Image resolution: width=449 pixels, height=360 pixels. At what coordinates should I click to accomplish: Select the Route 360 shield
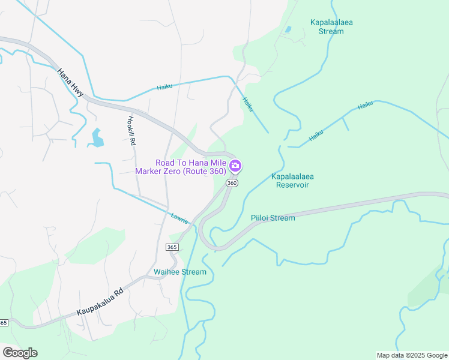[233, 183]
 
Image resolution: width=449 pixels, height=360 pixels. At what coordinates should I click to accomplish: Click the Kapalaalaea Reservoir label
[293, 181]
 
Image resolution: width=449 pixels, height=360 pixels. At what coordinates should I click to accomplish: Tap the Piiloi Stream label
[273, 218]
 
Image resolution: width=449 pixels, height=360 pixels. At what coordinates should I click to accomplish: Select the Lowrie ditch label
[179, 218]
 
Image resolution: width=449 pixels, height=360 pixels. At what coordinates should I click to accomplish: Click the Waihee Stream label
[180, 272]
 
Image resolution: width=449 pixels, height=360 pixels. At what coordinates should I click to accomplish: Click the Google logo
[20, 353]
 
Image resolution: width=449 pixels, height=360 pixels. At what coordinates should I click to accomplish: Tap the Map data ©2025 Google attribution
[411, 355]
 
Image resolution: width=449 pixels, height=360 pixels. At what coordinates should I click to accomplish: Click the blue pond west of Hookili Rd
[96, 139]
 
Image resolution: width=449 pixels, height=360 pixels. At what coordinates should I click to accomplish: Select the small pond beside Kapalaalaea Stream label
[288, 29]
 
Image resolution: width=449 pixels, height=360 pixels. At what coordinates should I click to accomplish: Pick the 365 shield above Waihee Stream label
[172, 247]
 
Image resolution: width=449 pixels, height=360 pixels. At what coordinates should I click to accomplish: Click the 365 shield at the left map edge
[3, 323]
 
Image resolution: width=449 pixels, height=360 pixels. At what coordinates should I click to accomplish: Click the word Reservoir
[292, 185]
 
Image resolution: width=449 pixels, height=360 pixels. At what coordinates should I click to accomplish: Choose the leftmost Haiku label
[164, 87]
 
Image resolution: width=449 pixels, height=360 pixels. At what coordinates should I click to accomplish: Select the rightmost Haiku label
[365, 106]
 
